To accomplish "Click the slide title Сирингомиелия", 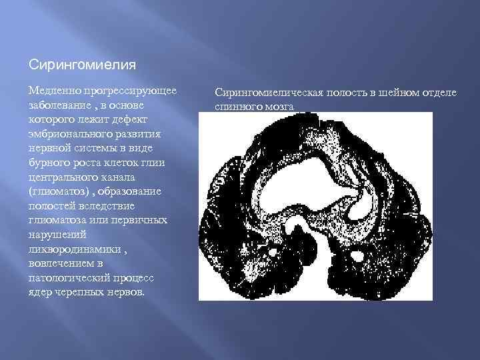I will [83, 65].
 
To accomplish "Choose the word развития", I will [139, 134].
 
